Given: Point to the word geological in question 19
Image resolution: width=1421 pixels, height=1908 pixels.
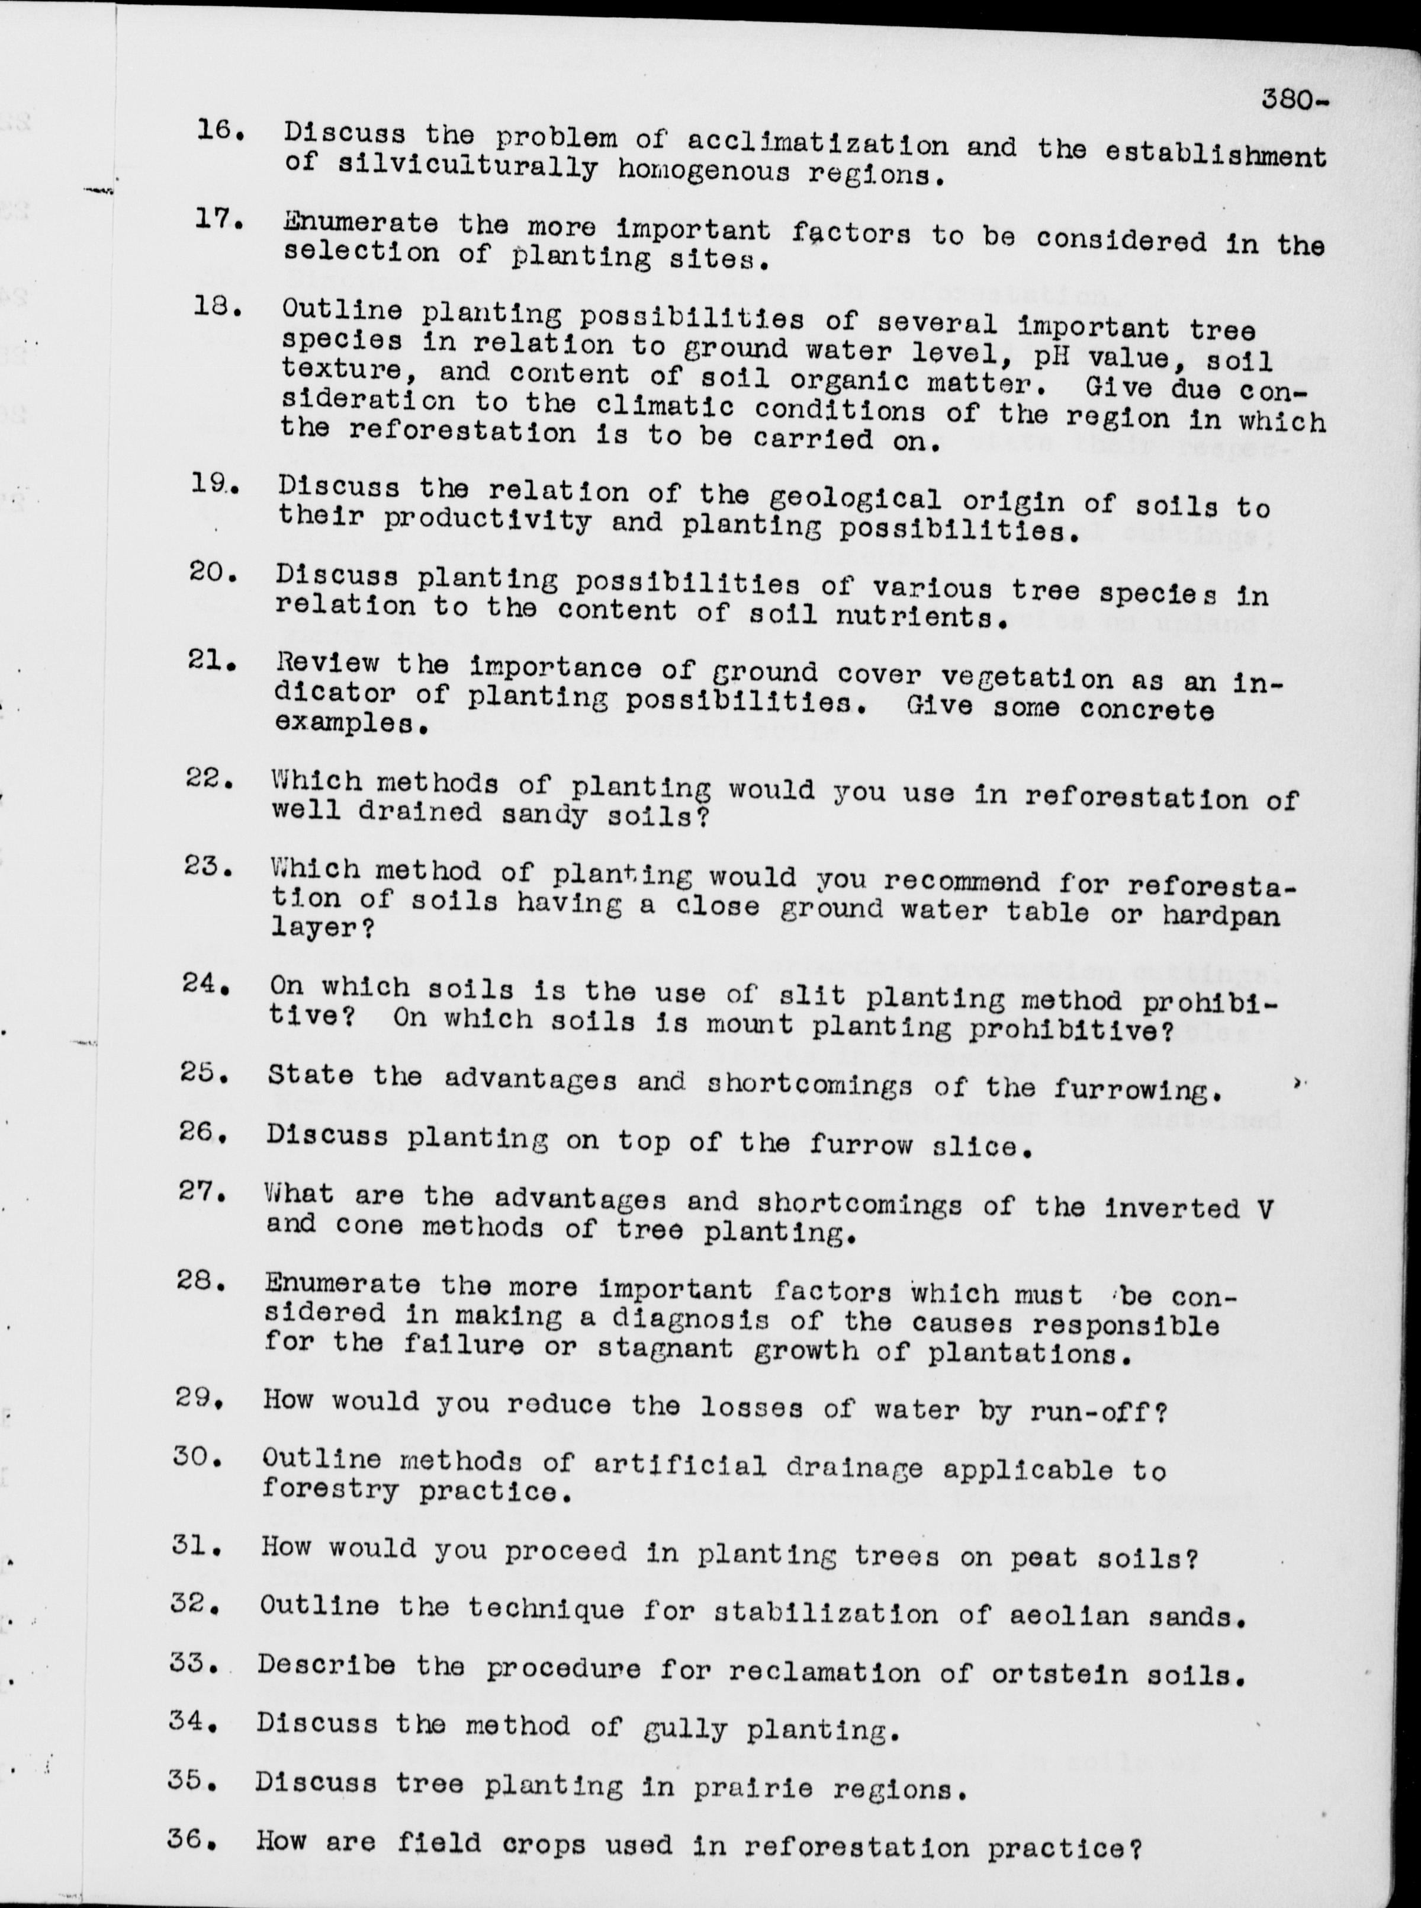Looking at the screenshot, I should [867, 499].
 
